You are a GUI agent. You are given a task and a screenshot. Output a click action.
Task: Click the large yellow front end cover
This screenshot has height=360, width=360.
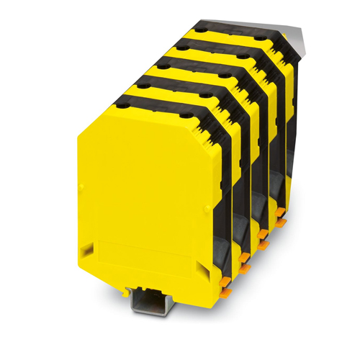coord(144,194)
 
